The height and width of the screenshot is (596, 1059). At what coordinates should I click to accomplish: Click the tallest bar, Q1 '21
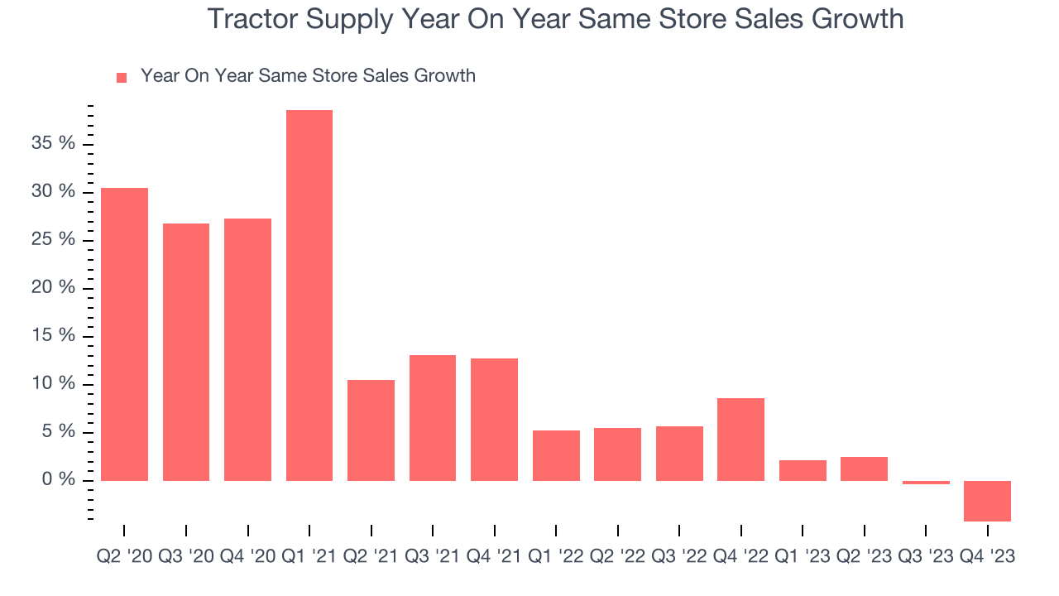[309, 295]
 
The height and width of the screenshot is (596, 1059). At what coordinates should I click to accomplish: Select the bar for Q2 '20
[124, 334]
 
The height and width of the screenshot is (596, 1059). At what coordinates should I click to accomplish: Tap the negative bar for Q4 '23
[987, 501]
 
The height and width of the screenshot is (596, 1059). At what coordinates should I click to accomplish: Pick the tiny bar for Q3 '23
[926, 482]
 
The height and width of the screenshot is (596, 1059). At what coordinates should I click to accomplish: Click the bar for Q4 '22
[740, 439]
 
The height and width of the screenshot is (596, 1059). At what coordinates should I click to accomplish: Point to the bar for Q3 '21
[433, 417]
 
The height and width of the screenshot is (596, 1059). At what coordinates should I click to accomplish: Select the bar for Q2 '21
[371, 430]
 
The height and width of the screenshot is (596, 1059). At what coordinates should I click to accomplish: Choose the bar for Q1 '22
[556, 455]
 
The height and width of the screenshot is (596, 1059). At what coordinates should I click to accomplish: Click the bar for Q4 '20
[247, 348]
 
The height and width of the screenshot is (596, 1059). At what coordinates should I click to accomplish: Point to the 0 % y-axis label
[60, 480]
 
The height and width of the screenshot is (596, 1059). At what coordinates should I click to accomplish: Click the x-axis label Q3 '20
[186, 557]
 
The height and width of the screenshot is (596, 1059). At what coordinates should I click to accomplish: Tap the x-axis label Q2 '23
[864, 557]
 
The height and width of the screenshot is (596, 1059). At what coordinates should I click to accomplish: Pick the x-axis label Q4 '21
[494, 557]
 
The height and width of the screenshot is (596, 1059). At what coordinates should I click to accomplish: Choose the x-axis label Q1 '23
[803, 557]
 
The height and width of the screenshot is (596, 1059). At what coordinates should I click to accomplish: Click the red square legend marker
[122, 77]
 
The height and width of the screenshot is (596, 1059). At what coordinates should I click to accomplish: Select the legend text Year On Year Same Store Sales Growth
[308, 76]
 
